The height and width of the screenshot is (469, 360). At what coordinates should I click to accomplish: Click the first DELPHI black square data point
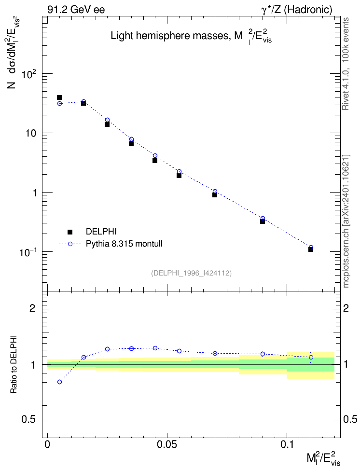[x=59, y=97]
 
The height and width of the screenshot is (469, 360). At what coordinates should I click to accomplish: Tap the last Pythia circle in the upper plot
[x=311, y=248]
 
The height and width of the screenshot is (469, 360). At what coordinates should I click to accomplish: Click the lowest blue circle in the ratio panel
[x=59, y=382]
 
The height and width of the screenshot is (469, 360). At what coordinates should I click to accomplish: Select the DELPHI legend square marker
[x=70, y=232]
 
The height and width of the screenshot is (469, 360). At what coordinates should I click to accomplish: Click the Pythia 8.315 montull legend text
[x=124, y=244]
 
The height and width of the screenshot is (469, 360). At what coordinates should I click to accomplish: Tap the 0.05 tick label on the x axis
[x=167, y=444]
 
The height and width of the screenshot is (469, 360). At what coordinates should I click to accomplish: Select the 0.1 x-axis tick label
[x=287, y=444]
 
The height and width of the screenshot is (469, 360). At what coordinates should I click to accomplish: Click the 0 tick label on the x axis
[x=47, y=444]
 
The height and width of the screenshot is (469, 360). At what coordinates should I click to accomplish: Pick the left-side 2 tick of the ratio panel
[x=32, y=308]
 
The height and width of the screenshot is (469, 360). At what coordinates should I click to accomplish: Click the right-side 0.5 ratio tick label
[x=350, y=419]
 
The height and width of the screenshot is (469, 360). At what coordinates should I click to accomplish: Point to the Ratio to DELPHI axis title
[x=14, y=364]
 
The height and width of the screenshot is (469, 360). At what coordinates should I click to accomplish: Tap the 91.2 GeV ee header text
[x=76, y=10]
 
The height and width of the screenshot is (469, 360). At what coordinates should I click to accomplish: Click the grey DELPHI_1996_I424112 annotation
[x=192, y=273]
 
